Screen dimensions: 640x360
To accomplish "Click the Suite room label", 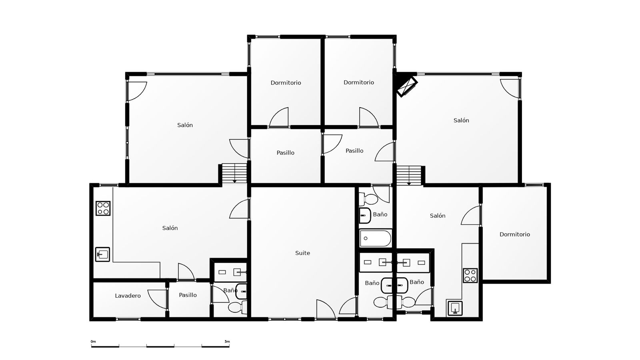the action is pos(302,253).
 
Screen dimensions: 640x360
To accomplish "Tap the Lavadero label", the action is pos(128,296).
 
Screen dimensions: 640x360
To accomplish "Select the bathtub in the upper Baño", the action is pos(376,238).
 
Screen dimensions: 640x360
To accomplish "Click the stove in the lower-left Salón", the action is pos(103,208).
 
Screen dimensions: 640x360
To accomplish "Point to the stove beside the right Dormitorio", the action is pos(470,276).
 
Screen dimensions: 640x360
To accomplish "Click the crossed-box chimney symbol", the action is pos(407,86).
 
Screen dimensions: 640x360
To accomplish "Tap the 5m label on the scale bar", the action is pos(227,342).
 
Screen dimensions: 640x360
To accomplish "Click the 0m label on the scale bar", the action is pos(93,342).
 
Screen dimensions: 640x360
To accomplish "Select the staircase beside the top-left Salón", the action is pos(234,173).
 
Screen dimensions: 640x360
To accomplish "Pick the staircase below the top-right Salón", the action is pos(409,176).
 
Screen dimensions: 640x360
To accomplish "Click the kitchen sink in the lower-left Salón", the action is pos(102,254).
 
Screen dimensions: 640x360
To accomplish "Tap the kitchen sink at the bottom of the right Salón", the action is pos(455,308).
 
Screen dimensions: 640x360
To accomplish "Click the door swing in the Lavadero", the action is pos(157,299).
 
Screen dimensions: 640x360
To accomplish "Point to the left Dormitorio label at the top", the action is pos(286,82).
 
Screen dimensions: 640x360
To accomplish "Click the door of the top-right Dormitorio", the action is pos(369,117).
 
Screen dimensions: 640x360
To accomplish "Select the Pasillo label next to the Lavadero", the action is pos(188,295).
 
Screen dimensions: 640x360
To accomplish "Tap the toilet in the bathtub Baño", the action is pos(368,199).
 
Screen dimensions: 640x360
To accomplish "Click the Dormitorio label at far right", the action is pos(514,234).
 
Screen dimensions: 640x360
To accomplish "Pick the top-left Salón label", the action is pos(185,125).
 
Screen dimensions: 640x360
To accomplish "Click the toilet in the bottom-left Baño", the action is pos(238,308).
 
